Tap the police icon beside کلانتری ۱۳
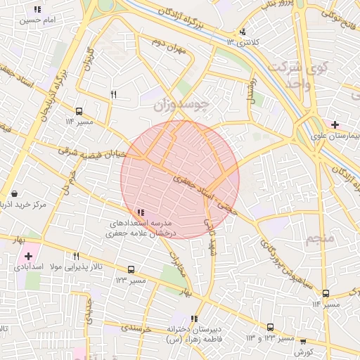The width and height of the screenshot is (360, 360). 243,31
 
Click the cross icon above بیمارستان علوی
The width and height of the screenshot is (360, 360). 335,124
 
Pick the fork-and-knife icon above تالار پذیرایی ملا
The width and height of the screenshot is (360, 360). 75,256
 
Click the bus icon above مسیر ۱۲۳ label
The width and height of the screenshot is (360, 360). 131,269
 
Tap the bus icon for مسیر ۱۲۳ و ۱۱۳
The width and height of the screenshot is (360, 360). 271,327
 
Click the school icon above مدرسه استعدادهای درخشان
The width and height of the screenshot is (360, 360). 141,212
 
